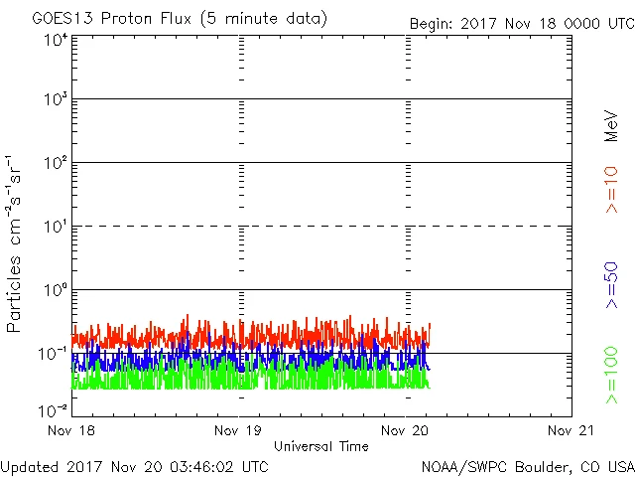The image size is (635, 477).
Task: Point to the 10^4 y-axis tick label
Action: pyautogui.click(x=56, y=40)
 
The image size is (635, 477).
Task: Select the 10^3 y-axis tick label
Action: pyautogui.click(x=56, y=100)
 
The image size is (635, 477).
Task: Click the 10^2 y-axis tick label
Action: pyautogui.click(x=56, y=164)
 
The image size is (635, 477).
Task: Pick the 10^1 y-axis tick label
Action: pyautogui.click(x=56, y=228)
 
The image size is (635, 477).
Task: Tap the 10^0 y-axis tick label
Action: pyautogui.click(x=56, y=291)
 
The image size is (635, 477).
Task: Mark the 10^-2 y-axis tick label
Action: pyautogui.click(x=54, y=409)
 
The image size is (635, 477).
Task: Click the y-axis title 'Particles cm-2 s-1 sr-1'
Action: pyautogui.click(x=15, y=243)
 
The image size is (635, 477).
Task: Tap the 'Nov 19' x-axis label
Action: pyautogui.click(x=239, y=431)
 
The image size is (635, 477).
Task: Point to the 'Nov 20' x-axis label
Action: pyautogui.click(x=406, y=431)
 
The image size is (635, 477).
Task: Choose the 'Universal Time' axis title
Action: pyautogui.click(x=321, y=446)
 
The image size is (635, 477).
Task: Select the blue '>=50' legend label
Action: pyautogui.click(x=612, y=284)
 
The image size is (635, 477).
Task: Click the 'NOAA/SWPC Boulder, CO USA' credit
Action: pyautogui.click(x=527, y=465)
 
